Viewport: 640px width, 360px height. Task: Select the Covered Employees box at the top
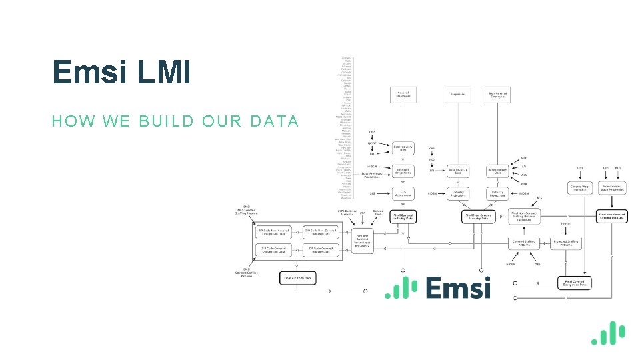[403, 94]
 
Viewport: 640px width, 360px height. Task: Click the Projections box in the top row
[458, 94]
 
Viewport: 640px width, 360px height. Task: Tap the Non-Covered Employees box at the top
[498, 94]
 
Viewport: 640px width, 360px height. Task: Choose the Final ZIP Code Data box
[297, 278]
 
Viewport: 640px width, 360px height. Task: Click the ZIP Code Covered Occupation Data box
[274, 251]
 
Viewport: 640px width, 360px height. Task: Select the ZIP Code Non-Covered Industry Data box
[321, 232]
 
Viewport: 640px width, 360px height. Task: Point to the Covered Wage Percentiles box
[579, 188]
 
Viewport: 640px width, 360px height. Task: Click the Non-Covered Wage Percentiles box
[611, 188]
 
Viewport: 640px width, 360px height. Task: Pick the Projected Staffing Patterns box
[567, 243]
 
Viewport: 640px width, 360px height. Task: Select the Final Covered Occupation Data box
[575, 283]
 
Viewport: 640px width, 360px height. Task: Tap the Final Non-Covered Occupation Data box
[611, 216]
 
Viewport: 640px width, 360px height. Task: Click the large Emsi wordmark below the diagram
[457, 288]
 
